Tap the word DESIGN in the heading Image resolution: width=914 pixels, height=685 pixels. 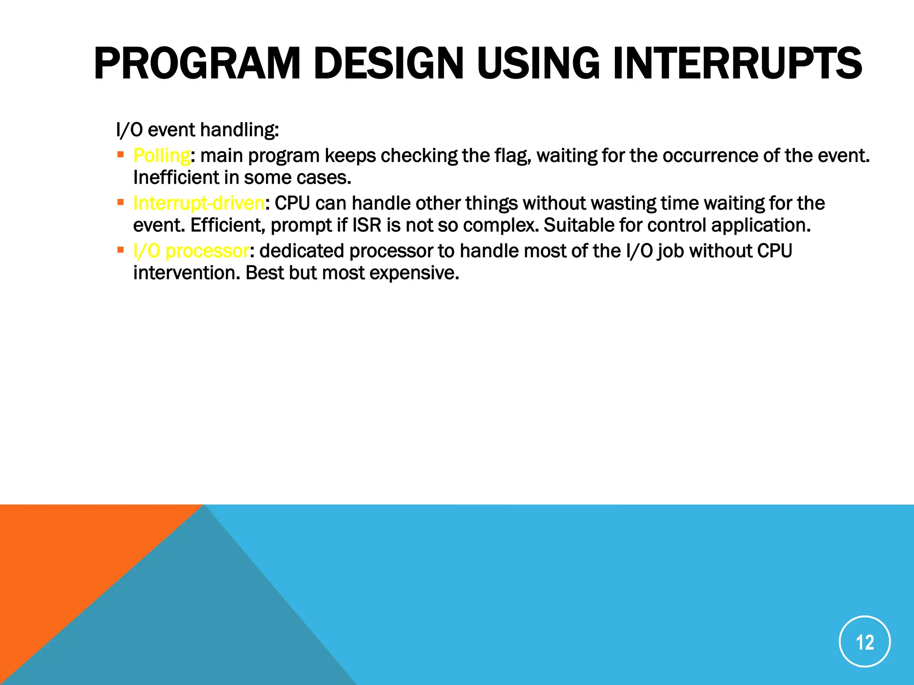(x=389, y=64)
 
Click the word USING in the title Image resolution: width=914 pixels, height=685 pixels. (x=538, y=64)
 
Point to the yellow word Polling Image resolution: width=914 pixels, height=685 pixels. (x=162, y=156)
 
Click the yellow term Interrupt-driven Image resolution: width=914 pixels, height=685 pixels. (x=199, y=203)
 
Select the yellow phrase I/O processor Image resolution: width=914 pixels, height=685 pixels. (x=191, y=251)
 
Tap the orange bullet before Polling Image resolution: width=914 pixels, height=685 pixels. (x=120, y=155)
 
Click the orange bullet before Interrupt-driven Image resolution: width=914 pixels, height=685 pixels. (x=120, y=202)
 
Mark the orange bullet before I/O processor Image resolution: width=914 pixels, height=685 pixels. (x=120, y=250)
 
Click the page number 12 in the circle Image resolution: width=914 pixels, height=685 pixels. (x=864, y=642)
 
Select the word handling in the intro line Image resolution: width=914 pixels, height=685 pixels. (x=239, y=130)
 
